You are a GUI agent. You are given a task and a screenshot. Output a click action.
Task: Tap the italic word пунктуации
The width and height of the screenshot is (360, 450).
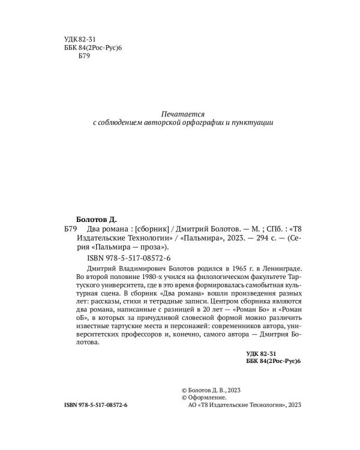(x=254, y=122)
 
